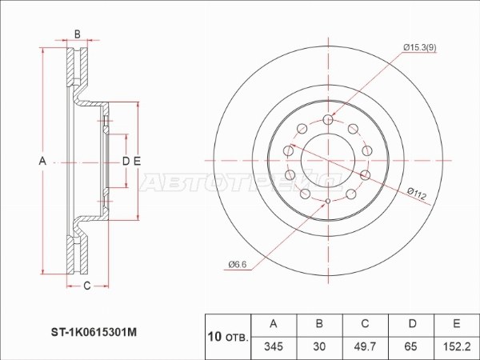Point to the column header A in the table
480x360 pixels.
(x=275, y=324)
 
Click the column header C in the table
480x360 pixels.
(x=365, y=324)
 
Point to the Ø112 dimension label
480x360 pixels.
(x=417, y=192)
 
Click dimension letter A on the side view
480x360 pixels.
(x=43, y=162)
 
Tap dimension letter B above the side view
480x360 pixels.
(x=77, y=34)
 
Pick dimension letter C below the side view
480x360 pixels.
(x=86, y=286)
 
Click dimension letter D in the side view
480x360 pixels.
(x=126, y=162)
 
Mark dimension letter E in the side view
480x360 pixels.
(x=137, y=162)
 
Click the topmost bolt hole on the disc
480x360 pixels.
(x=328, y=120)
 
